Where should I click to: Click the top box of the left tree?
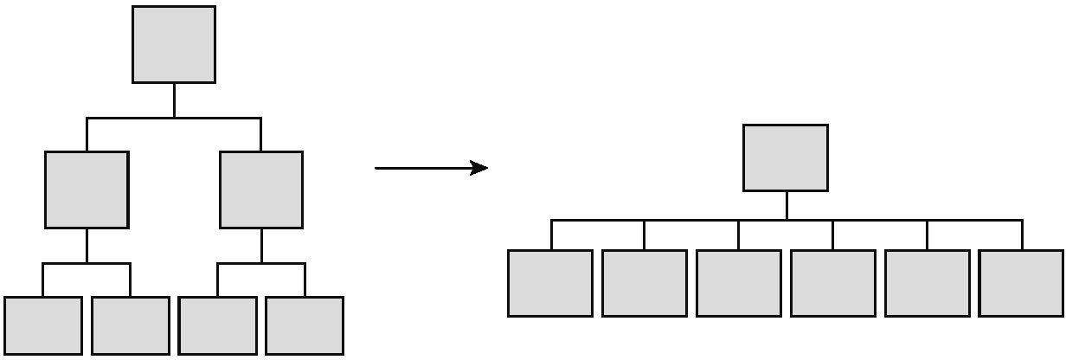coord(174,44)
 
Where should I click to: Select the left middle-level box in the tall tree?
coord(87,190)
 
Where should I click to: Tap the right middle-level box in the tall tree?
coord(261,190)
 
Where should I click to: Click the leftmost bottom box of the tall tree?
coord(43,325)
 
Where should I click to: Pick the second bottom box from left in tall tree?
coord(131,325)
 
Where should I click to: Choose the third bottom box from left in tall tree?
coord(217,325)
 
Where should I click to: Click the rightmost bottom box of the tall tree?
coord(305,325)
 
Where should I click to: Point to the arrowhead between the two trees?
coord(479,168)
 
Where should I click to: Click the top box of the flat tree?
coord(786,157)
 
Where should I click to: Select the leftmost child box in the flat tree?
coord(550,283)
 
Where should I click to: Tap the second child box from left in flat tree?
coord(645,283)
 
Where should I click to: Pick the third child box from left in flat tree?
coord(738,283)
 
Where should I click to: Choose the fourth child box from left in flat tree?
coord(833,283)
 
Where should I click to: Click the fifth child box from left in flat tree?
coord(928,283)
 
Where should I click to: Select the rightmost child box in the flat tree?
coord(1022,283)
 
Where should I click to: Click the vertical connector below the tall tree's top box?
coord(174,100)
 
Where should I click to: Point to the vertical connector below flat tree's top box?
coord(787,205)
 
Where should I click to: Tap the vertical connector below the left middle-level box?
coord(87,246)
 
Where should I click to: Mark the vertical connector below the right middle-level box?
coord(261,246)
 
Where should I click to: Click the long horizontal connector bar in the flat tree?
coord(692,221)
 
